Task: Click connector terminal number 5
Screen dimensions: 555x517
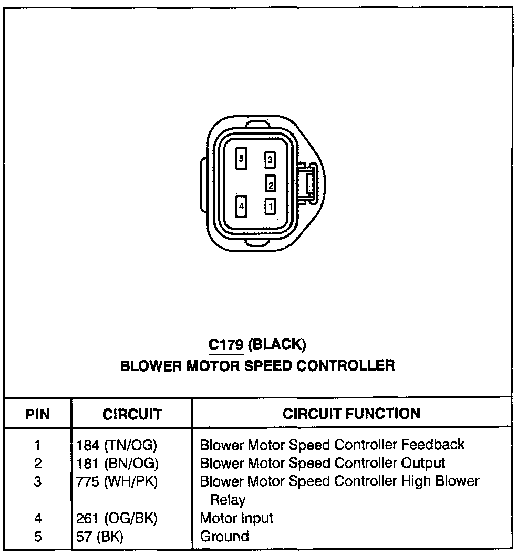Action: (241, 158)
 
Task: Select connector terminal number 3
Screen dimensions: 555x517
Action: (270, 159)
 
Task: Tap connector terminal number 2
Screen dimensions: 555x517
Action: (271, 183)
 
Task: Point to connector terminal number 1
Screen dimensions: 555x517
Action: (270, 205)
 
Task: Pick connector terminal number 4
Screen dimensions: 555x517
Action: (241, 206)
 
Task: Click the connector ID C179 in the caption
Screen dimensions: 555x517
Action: (225, 345)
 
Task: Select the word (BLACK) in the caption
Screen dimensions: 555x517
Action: (276, 345)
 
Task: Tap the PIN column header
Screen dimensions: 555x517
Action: (38, 415)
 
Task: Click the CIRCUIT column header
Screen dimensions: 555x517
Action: (132, 415)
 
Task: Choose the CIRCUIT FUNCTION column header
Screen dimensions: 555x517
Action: (351, 414)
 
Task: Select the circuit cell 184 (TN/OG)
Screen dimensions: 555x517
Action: (114, 446)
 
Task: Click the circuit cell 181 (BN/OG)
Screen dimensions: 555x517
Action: (114, 464)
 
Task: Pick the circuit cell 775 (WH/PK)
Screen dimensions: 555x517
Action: (114, 481)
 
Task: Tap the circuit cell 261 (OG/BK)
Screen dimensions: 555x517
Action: (114, 519)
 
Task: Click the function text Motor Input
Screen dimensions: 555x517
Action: (236, 519)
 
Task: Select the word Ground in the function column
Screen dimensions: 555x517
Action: (224, 537)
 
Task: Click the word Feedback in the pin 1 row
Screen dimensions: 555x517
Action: (433, 445)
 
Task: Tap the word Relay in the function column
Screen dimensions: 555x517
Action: (228, 499)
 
